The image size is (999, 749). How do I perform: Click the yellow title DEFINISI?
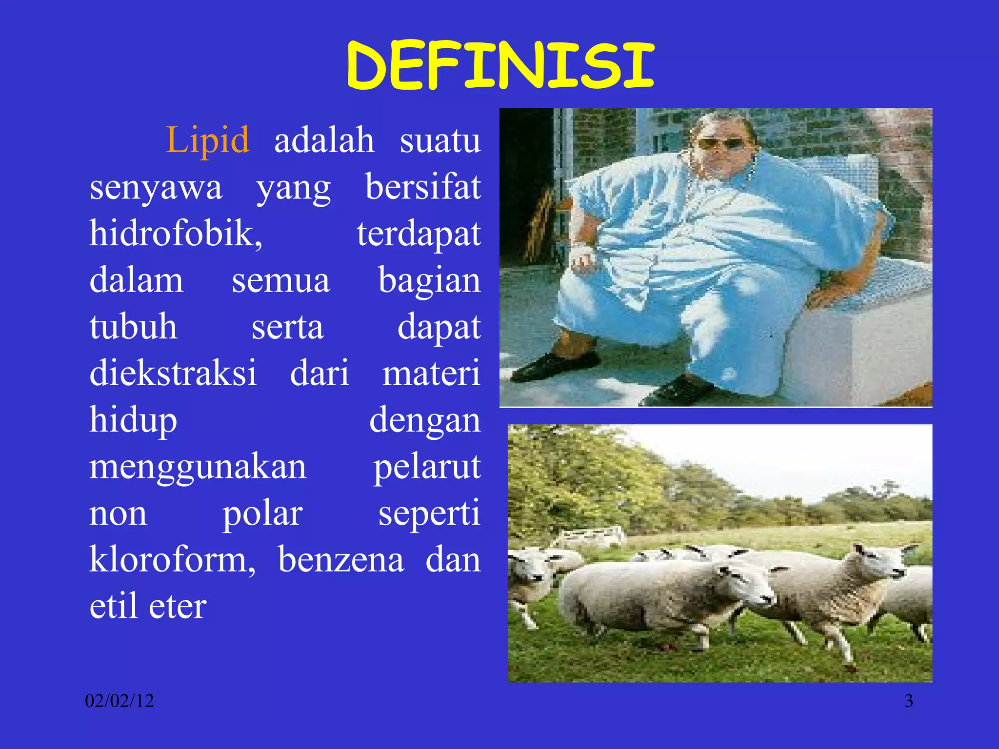click(499, 66)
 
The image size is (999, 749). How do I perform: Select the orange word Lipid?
click(208, 140)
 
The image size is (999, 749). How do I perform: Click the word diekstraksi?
click(173, 373)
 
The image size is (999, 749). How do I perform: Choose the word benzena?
click(341, 560)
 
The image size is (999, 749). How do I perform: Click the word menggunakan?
click(198, 467)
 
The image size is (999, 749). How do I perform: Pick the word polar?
click(262, 514)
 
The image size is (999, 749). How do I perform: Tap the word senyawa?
click(156, 188)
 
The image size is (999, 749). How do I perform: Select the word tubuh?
click(133, 327)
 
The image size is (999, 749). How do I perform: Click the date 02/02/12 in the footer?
click(120, 701)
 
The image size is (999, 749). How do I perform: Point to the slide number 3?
click(909, 701)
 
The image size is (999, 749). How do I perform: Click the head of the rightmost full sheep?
click(883, 561)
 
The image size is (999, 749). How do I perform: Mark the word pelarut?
click(427, 467)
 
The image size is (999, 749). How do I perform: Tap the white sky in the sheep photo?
click(805, 453)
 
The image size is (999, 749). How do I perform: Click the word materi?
click(431, 373)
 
